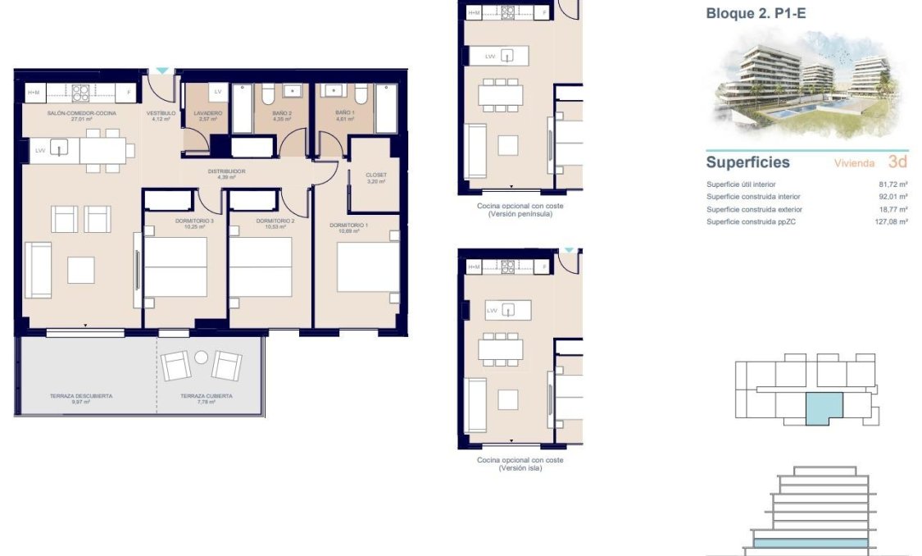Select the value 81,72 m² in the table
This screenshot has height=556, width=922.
(x=892, y=185)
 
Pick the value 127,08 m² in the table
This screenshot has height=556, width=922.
(x=891, y=221)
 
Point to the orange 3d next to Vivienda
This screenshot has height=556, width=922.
(x=897, y=162)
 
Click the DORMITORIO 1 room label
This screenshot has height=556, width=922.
(x=348, y=225)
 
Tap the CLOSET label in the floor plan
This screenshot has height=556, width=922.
(x=375, y=175)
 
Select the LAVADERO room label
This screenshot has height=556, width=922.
(x=207, y=113)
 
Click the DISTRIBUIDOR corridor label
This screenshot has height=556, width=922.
(x=226, y=171)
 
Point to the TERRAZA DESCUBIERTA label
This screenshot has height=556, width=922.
(x=81, y=396)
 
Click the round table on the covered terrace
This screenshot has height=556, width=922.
(x=202, y=357)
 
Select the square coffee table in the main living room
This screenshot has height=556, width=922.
(x=81, y=270)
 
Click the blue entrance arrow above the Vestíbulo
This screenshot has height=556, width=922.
(x=163, y=71)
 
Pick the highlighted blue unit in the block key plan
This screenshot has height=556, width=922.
(x=824, y=408)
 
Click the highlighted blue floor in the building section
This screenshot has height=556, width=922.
(x=810, y=543)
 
